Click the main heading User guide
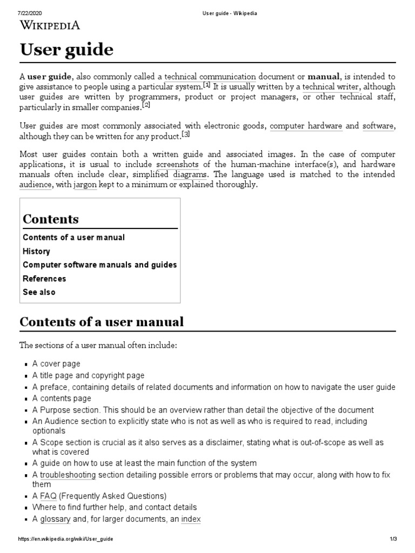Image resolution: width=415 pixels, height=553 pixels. (66, 50)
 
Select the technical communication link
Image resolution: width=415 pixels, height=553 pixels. (210, 77)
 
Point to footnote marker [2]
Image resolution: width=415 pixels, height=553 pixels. (146, 105)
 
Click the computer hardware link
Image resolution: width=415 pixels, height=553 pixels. (306, 126)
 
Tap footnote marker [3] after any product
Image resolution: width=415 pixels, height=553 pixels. (185, 134)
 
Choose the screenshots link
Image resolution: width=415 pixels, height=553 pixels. (177, 164)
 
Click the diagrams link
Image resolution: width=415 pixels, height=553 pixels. (191, 174)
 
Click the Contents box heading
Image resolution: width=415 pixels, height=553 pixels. (51, 219)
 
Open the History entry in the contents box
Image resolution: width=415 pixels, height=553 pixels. (36, 251)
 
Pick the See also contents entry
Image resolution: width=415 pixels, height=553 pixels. (39, 292)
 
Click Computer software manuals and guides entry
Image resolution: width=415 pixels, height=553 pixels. (99, 265)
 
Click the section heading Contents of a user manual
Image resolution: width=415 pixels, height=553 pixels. (102, 322)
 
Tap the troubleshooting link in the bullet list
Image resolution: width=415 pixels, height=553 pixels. (68, 475)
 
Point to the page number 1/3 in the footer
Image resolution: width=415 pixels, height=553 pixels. (393, 539)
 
